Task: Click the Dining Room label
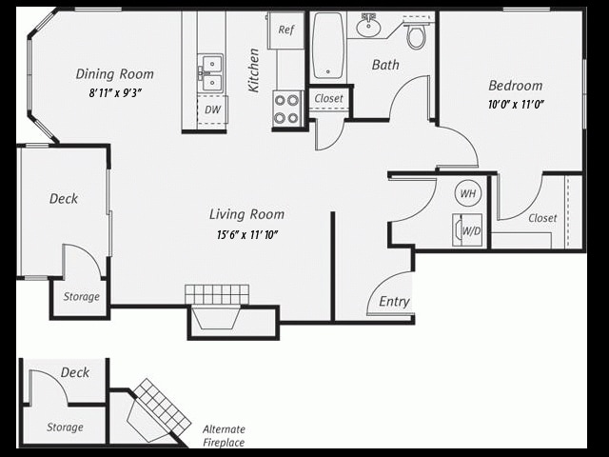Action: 114,74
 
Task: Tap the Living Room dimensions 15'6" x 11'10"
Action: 246,234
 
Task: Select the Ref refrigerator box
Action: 285,30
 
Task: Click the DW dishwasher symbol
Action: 211,109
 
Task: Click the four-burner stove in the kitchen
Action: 287,109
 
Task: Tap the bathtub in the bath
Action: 327,45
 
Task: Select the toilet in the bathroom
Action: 416,35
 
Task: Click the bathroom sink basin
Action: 368,27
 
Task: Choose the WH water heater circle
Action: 468,193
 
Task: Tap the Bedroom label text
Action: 515,85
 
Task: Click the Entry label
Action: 394,302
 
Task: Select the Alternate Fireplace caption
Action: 224,435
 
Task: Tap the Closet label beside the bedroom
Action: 542,218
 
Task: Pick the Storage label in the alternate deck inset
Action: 65,427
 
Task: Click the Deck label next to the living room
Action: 64,199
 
